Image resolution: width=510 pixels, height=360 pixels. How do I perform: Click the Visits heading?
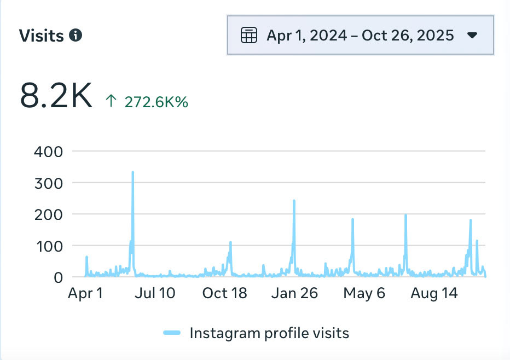coord(42,36)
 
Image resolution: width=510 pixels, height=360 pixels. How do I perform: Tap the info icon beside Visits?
coord(76,36)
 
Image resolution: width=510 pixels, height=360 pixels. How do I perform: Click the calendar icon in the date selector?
coord(249,36)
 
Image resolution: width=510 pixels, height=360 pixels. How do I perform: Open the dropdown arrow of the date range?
coord(473,36)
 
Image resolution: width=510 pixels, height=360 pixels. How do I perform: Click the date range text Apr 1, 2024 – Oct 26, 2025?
coord(360,36)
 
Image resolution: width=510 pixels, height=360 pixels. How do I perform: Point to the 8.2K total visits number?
coord(56,95)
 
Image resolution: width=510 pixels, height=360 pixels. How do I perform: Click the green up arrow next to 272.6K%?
coord(111,101)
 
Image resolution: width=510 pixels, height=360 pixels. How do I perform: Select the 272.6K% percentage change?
coord(156,102)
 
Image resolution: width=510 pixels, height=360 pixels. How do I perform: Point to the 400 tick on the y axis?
coord(49,152)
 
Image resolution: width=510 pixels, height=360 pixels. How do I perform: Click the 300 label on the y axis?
coord(49,183)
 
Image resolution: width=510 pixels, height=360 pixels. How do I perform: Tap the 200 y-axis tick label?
coord(49,214)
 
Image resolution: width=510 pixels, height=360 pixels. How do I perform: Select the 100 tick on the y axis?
coord(49,246)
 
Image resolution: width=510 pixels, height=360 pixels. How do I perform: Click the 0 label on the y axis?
coord(59,277)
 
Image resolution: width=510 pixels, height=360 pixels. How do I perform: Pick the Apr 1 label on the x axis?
coord(85,293)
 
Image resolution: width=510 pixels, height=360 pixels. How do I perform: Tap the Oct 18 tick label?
coord(224,293)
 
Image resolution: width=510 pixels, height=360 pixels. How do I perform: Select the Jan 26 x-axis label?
coord(294,293)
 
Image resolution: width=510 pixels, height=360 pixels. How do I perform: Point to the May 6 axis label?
coord(364,293)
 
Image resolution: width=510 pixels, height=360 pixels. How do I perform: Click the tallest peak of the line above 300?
coord(132,173)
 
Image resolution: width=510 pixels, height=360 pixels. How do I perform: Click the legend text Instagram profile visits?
coord(269,333)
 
